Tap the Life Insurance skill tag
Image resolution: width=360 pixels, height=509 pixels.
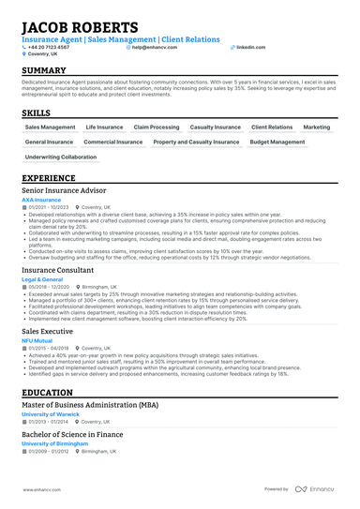coord(104,127)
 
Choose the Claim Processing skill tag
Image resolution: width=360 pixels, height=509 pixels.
coord(157,127)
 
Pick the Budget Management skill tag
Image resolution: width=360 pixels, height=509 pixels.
coord(277,142)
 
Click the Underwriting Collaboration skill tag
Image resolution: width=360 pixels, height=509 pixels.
coord(61,157)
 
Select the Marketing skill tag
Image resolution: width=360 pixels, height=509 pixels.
coord(317,127)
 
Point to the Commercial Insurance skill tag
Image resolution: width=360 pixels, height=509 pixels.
coord(113,142)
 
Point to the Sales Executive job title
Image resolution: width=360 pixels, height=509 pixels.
coord(47,330)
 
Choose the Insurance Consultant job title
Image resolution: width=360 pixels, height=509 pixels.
coord(57,268)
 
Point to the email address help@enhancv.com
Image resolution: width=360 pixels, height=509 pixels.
coord(159,46)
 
